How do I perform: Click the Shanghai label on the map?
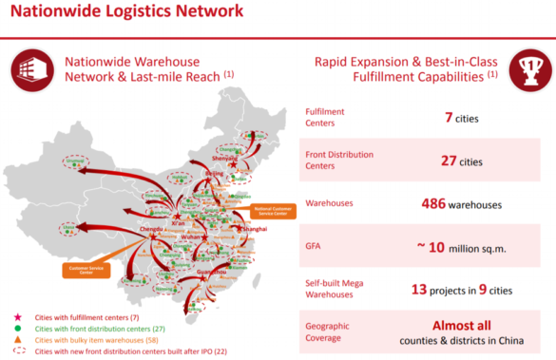255,230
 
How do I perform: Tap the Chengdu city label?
153,229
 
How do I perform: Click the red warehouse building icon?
32,68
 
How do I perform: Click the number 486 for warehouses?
436,203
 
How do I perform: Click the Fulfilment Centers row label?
324,118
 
